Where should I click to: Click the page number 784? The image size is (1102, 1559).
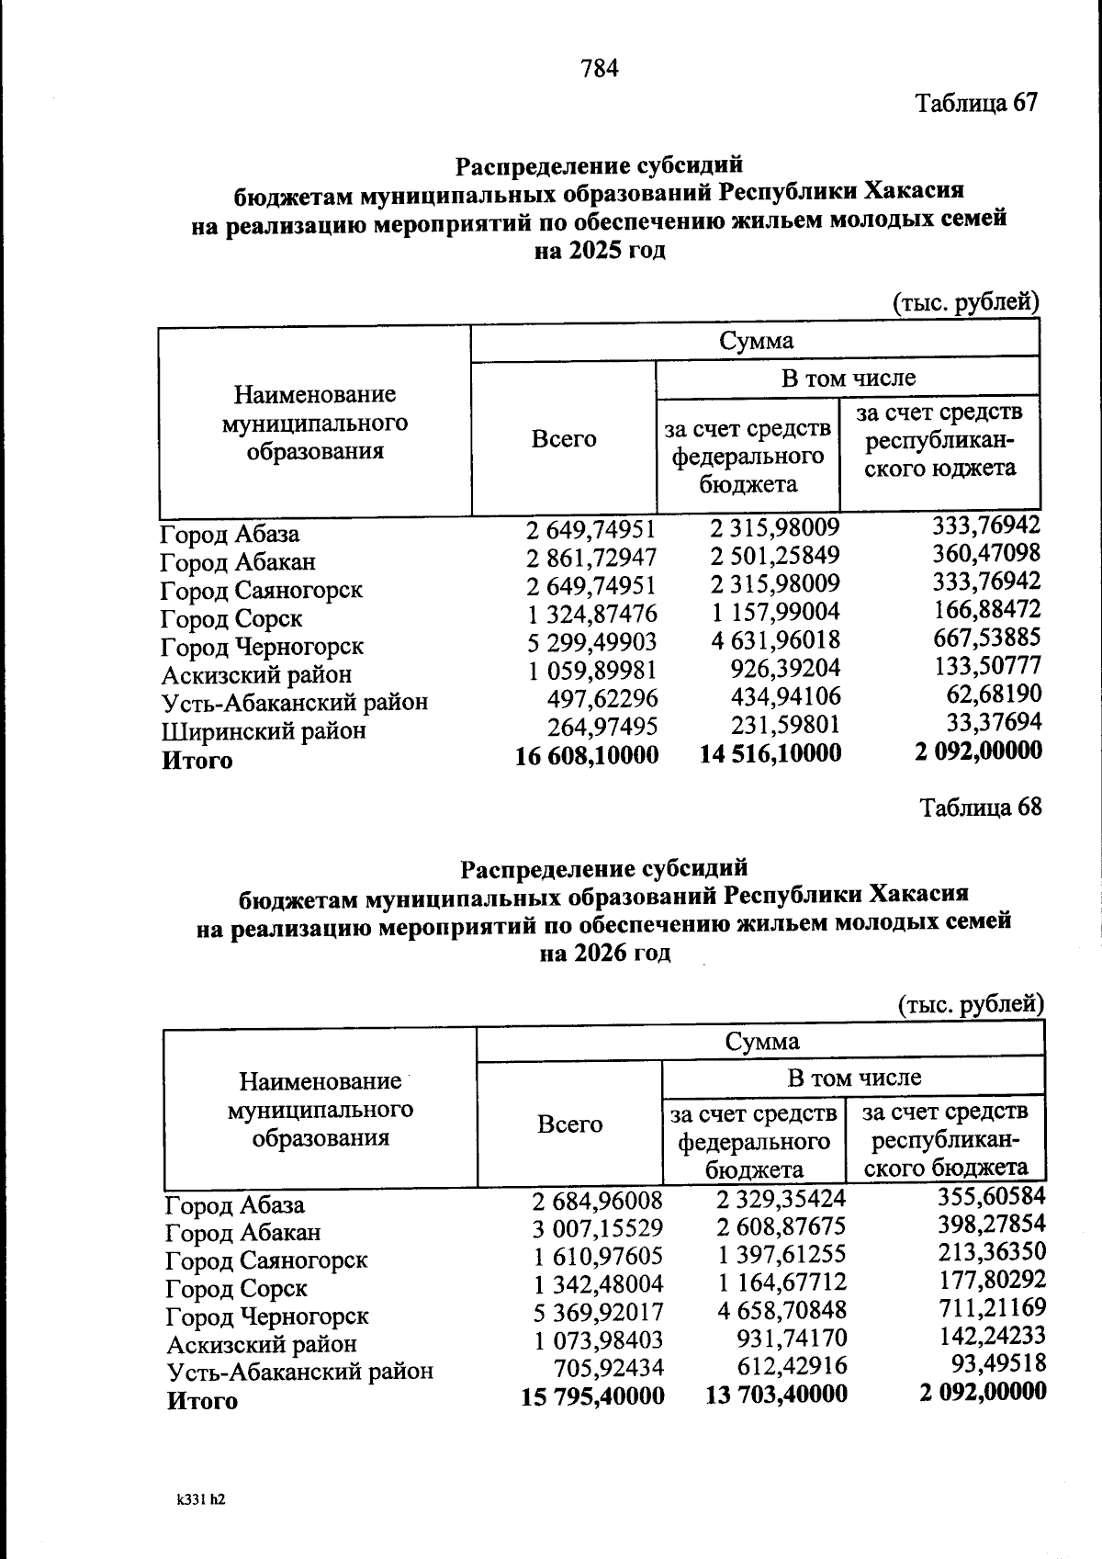coord(600,68)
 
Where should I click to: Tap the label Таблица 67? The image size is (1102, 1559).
coord(976,102)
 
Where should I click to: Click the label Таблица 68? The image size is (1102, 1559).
coord(981,808)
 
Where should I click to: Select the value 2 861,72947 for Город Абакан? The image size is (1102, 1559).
coord(591,557)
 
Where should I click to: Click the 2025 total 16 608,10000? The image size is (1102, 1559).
coord(588,755)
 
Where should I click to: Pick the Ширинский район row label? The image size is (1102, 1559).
coord(264,731)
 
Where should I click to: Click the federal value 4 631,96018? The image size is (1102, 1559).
coord(776,640)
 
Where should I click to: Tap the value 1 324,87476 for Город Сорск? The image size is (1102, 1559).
coord(591,614)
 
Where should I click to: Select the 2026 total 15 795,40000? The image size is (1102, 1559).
coord(592,1396)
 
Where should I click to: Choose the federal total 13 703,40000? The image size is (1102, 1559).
coord(776,1395)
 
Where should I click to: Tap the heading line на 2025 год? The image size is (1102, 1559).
coord(600,250)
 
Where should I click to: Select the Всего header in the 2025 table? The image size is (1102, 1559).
coord(563,438)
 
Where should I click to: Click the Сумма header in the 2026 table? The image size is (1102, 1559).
coord(761,1042)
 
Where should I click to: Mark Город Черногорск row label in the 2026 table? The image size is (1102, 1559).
coord(267,1316)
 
